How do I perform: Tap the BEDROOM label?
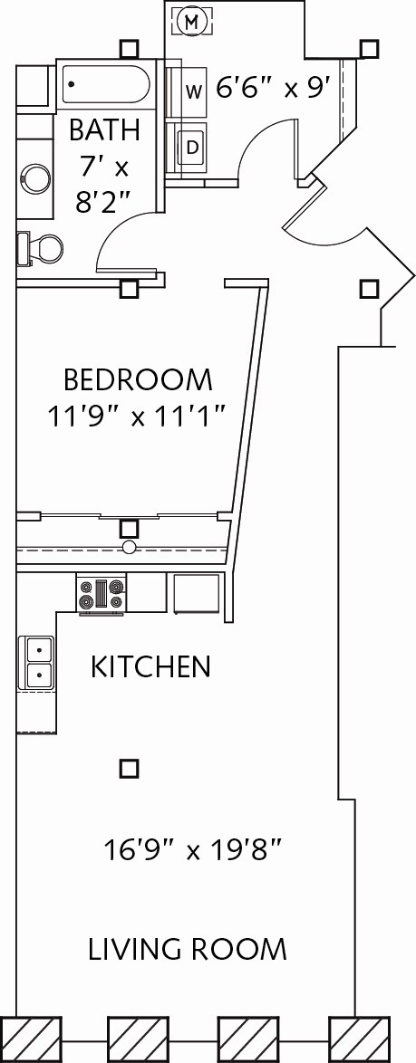coord(138,378)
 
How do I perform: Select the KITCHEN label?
coord(150,667)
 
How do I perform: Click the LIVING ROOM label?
coord(188,949)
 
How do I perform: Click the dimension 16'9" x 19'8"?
coord(194,850)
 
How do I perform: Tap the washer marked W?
coord(193,91)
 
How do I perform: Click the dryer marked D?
coord(192,146)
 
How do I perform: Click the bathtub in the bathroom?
coord(105,86)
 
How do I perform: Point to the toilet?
coord(41,247)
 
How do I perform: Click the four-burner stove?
coord(101,594)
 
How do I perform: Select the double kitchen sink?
coord(38,663)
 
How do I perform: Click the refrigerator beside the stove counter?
coord(197,593)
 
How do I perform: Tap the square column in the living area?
coord(130,769)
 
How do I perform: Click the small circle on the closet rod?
coord(130,547)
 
